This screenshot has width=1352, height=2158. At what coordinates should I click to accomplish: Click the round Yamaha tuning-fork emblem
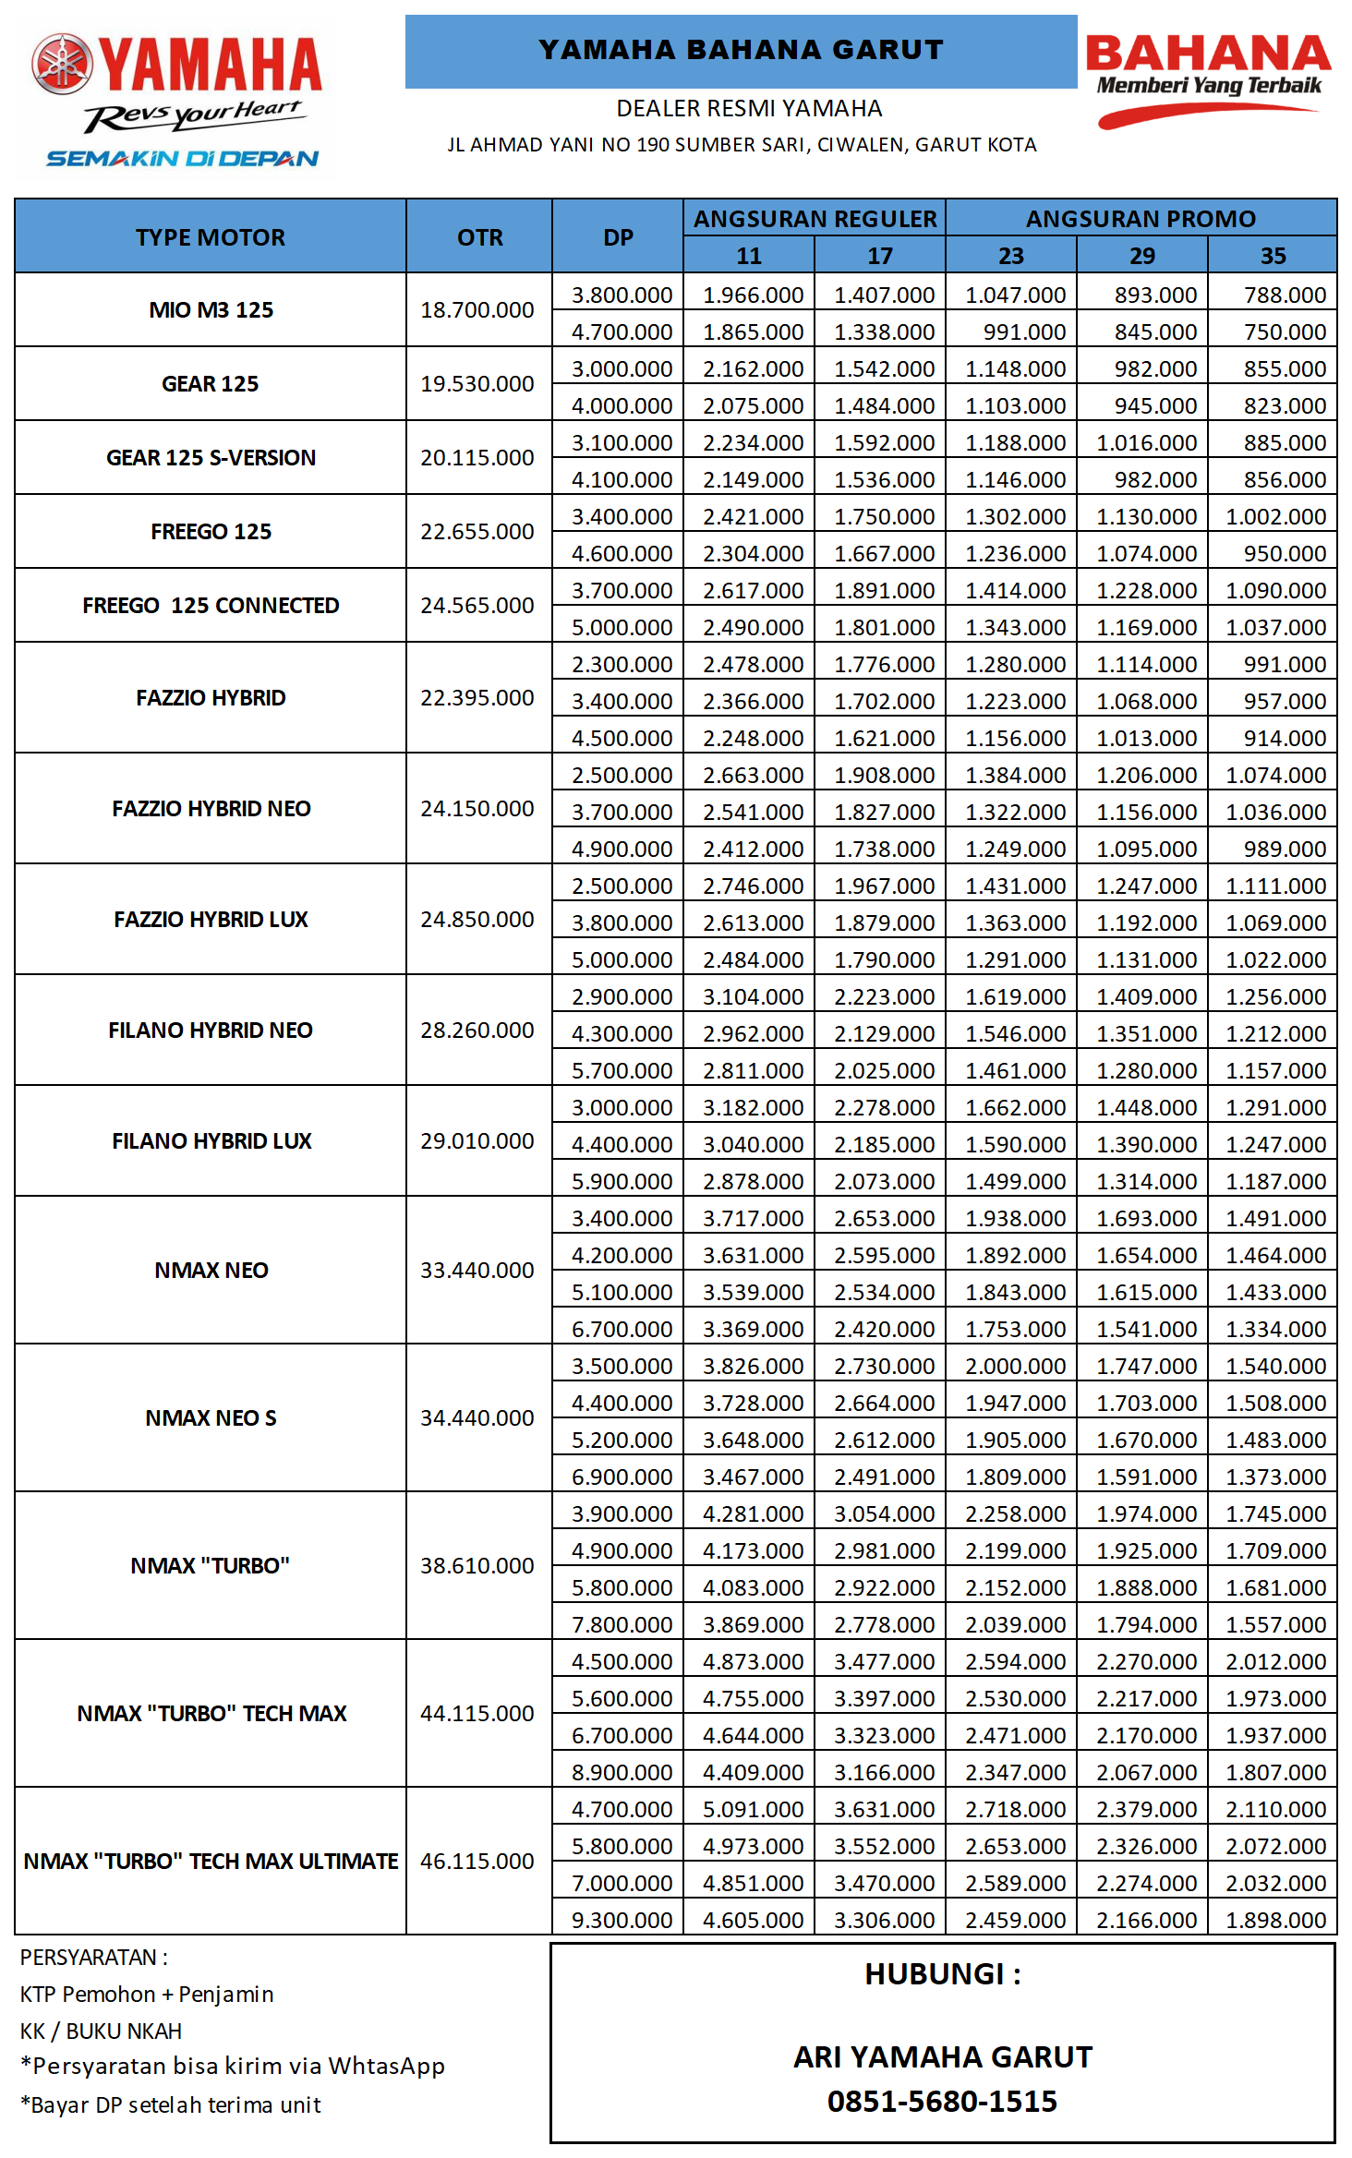62,64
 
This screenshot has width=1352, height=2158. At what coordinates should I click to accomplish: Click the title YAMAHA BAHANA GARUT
741,50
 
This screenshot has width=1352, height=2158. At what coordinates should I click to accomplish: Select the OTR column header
479,237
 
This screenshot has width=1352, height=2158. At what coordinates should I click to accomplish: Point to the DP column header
618,237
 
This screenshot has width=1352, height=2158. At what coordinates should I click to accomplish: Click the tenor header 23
1010,256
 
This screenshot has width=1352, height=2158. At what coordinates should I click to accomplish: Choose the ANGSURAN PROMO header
1141,219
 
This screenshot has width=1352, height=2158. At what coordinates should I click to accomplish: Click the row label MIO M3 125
211,310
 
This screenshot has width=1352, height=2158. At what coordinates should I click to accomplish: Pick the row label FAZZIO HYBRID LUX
211,920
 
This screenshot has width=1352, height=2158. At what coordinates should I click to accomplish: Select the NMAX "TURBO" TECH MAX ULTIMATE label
211,1862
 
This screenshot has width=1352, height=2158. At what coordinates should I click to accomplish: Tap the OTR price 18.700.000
477,310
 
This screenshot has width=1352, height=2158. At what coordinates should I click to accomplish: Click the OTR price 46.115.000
477,1862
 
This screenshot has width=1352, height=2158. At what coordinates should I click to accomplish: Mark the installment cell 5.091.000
753,1810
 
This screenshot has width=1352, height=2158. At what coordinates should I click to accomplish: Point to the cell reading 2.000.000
1015,1367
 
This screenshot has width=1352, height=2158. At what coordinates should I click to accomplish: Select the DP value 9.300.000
622,1921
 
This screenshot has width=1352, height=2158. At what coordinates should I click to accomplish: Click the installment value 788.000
1285,295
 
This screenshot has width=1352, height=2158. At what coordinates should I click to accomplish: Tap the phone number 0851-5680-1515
942,2102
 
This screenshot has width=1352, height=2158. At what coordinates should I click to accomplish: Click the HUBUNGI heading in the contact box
942,1974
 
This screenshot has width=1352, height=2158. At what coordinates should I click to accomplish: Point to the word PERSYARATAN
89,1958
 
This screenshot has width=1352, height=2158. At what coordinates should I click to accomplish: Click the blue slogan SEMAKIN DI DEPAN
182,159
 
